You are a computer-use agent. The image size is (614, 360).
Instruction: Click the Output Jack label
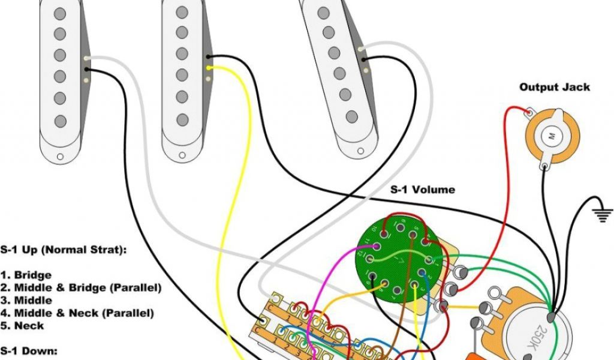[554, 88]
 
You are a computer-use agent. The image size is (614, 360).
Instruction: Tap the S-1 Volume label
[423, 190]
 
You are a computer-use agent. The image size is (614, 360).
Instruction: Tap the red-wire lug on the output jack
[530, 112]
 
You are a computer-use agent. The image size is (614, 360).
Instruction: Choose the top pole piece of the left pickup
[60, 13]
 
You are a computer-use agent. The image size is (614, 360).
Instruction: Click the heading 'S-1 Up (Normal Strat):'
[63, 250]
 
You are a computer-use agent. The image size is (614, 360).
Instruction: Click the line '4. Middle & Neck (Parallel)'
[77, 313]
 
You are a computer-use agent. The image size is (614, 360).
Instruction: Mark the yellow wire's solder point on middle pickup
[209, 68]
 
